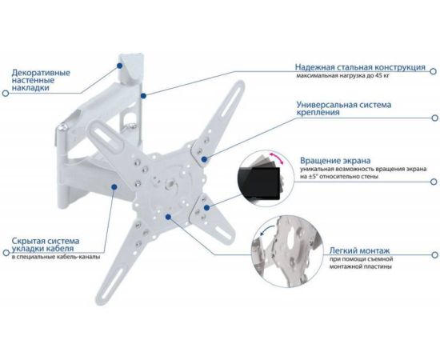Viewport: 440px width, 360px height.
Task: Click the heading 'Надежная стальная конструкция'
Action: pyautogui.click(x=360, y=67)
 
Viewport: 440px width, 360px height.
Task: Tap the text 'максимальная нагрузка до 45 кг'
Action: pyautogui.click(x=343, y=75)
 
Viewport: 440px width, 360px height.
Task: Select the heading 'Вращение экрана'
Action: pyautogui.click(x=335, y=161)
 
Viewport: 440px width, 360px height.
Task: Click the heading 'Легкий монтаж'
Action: pyautogui.click(x=359, y=250)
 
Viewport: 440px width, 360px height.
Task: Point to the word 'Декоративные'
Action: pyautogui.click(x=41, y=73)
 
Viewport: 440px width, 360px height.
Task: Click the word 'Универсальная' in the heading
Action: pyautogui.click(x=326, y=105)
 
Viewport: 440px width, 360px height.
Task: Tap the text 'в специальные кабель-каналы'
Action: pyautogui.click(x=56, y=257)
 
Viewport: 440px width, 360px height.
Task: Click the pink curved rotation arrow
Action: pyautogui.click(x=277, y=158)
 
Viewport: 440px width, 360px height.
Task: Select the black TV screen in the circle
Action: pyautogui.click(x=259, y=183)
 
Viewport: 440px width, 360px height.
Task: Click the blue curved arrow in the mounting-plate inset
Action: pyautogui.click(x=267, y=229)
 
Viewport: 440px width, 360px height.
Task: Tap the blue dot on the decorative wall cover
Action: pyautogui.click(x=120, y=66)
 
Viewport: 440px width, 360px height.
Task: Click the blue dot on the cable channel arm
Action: pyautogui.click(x=114, y=186)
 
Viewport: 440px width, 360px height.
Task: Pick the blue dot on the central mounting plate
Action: pyautogui.click(x=168, y=217)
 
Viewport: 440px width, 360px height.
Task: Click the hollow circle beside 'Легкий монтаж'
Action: pyautogui.click(x=434, y=254)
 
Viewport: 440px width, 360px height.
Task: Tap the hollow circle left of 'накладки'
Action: pyautogui.click(x=6, y=93)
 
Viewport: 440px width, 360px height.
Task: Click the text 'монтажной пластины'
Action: pyautogui.click(x=360, y=266)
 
